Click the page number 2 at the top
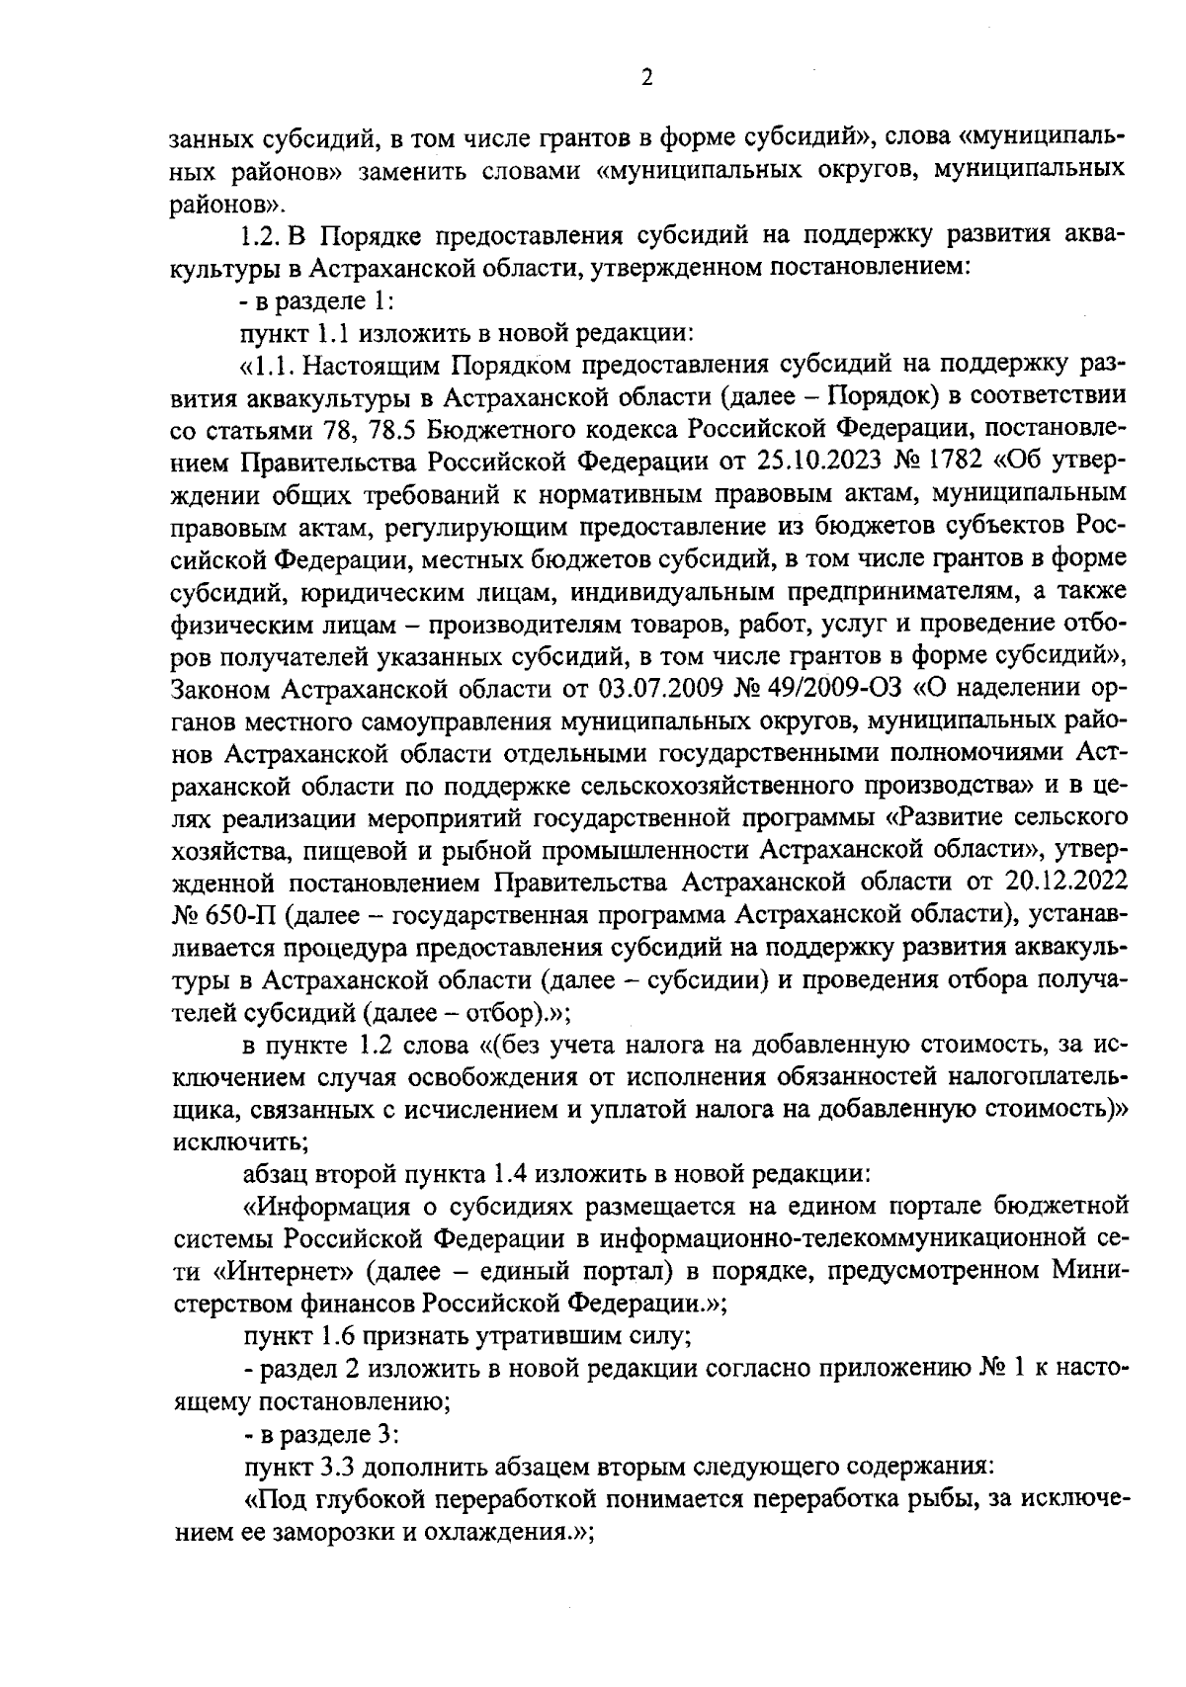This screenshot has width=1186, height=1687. click(x=646, y=78)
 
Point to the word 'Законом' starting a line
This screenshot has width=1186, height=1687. click(x=219, y=687)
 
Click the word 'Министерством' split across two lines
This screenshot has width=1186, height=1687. click(x=1088, y=1273)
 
